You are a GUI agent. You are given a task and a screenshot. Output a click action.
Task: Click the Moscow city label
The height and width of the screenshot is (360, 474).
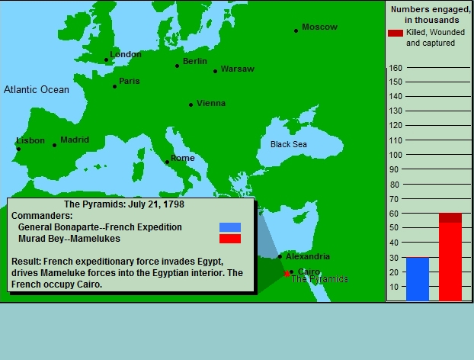319,27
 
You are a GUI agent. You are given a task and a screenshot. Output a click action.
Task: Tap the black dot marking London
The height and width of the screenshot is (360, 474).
106,60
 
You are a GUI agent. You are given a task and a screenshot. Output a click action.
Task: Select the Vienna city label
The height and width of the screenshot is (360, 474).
211,103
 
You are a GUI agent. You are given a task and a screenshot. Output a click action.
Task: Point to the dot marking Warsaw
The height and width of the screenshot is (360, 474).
215,72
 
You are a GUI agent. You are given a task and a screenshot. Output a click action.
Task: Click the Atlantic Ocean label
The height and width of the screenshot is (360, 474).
37,89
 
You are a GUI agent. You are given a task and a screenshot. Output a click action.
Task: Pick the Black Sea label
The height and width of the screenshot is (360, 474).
289,144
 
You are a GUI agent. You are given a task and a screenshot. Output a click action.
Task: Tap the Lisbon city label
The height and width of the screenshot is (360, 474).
30,140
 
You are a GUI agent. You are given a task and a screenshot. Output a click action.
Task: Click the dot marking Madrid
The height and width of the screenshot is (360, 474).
54,145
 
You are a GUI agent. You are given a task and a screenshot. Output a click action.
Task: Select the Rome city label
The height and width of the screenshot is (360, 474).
183,158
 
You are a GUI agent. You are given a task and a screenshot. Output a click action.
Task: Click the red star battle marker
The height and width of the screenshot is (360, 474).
287,274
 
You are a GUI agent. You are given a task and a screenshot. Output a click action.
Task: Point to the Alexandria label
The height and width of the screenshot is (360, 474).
308,256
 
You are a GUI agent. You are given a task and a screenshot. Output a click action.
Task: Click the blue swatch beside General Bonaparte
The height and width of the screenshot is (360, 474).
230,227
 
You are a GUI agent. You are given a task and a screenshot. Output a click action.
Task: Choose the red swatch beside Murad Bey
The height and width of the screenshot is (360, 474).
230,239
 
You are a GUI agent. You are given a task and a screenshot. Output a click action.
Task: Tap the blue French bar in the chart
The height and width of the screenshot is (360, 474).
418,279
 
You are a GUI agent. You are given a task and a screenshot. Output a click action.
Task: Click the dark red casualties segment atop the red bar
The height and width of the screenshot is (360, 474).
450,218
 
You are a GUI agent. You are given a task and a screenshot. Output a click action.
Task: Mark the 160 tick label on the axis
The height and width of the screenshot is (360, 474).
396,68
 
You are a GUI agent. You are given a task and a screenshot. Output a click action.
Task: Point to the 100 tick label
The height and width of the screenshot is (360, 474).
396,155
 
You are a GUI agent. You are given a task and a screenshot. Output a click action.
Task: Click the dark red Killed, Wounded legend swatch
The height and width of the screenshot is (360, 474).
396,33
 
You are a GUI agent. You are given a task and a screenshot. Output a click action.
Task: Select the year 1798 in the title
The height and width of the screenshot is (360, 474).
174,204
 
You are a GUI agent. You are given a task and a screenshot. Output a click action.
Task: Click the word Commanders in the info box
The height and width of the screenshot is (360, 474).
42,216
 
